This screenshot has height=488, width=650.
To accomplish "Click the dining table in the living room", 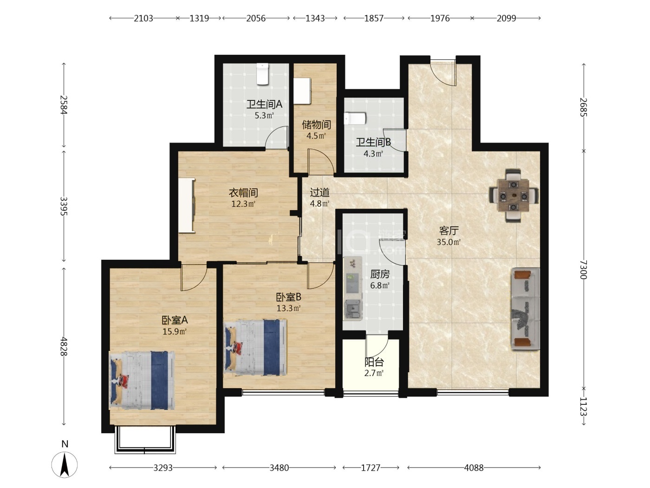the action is pyautogui.click(x=513, y=196).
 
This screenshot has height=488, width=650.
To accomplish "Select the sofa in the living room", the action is pyautogui.click(x=525, y=309).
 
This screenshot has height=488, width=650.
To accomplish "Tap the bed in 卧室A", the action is pyautogui.click(x=142, y=381).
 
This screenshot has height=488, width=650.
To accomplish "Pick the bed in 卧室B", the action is pyautogui.click(x=255, y=347).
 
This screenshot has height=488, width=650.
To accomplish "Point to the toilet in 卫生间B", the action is pyautogui.click(x=355, y=118).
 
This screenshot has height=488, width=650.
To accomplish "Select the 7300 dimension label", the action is pyautogui.click(x=583, y=270).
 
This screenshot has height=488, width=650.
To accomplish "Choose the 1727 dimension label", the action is pyautogui.click(x=370, y=468).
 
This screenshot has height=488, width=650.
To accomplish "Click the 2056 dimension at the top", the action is pyautogui.click(x=256, y=19).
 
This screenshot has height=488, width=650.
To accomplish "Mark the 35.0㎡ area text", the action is pyautogui.click(x=448, y=242).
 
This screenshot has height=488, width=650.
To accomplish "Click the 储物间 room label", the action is pyautogui.click(x=316, y=125).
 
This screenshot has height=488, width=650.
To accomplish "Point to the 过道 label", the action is pyautogui.click(x=319, y=192).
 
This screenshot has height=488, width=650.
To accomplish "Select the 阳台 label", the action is pyautogui.click(x=374, y=362).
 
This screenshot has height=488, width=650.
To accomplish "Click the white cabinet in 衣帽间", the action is pyautogui.click(x=187, y=205).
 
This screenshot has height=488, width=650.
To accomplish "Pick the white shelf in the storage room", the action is pyautogui.click(x=302, y=91).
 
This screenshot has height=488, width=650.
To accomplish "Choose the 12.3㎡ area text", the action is pyautogui.click(x=243, y=204).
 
